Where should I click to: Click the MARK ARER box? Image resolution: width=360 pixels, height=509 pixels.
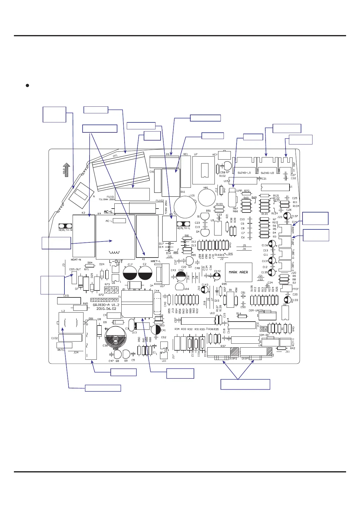pyautogui.click(x=238, y=272)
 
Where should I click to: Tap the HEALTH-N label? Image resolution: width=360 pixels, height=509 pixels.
pyautogui.click(x=65, y=230)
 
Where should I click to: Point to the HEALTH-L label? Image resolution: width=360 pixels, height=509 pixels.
pyautogui.click(x=183, y=228)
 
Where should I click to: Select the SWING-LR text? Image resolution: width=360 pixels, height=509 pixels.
pyautogui.click(x=244, y=173)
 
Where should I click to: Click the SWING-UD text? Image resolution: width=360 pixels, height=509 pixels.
pyautogui.click(x=267, y=173)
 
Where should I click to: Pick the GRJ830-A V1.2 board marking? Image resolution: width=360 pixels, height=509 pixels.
pyautogui.click(x=106, y=305)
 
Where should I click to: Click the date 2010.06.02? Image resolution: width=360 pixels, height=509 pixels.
pyautogui.click(x=106, y=309)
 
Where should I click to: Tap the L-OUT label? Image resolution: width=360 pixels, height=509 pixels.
pyautogui.click(x=116, y=261)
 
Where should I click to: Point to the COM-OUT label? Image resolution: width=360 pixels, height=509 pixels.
pyautogui.click(x=75, y=269)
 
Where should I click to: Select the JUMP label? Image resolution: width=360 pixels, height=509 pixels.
pyautogui.click(x=239, y=191)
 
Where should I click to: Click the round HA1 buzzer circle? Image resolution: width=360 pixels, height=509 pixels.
pyautogui.click(x=207, y=198)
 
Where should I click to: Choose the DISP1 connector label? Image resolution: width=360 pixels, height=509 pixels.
pyautogui.click(x=245, y=358)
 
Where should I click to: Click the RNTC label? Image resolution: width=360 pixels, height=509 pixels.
pyautogui.click(x=61, y=350)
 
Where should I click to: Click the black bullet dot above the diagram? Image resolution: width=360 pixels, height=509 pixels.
pyautogui.click(x=27, y=86)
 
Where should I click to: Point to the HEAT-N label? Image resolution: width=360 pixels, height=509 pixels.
pyautogui.click(x=76, y=260)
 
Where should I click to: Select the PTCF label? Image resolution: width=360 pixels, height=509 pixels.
pyautogui.click(x=295, y=289)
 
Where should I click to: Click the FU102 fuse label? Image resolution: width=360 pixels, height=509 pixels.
pyautogui.click(x=160, y=201)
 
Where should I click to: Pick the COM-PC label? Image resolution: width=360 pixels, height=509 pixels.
pyautogui.click(x=264, y=335)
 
